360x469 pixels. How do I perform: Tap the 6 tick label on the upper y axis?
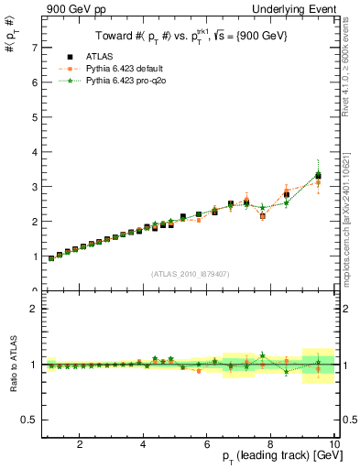(x=33, y=82)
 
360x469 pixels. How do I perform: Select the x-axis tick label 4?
(x=143, y=444)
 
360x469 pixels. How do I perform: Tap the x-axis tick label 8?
(x=271, y=444)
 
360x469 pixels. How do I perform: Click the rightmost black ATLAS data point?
(x=318, y=175)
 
